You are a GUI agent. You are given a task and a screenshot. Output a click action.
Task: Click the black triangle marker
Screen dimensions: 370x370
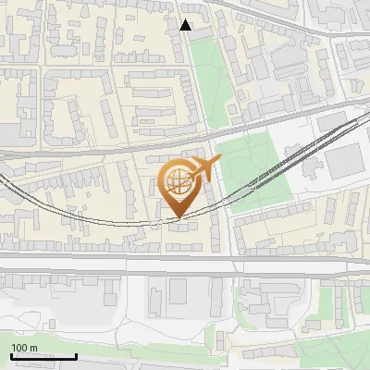(x=186, y=25)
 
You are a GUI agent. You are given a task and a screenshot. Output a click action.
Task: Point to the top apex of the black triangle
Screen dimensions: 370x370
(x=186, y=19)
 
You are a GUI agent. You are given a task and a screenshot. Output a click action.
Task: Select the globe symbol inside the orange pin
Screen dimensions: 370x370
(x=177, y=179)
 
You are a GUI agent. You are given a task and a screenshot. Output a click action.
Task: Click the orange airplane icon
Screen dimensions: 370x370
(x=203, y=169)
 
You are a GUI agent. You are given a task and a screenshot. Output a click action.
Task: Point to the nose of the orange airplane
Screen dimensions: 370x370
(x=220, y=160)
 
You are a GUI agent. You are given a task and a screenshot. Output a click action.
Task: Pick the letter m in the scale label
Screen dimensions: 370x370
(x=33, y=348)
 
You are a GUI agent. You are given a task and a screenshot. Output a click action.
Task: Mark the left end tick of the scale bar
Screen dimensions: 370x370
(x=11, y=355)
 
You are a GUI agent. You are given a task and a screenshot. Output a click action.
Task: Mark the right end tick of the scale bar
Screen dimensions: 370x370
(x=77, y=355)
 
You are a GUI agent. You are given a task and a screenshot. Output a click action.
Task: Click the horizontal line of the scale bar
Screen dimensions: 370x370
(x=43, y=357)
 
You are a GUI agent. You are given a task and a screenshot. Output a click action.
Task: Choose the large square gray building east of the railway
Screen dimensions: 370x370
(x=345, y=164)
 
